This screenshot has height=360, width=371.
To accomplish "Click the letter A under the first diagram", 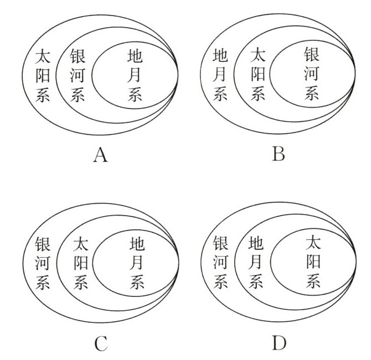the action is point(100,155).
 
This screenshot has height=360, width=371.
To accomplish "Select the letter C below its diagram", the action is point(100,345).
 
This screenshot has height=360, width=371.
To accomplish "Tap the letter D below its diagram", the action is point(279,345).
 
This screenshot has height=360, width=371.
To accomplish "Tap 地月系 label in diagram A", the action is point(135,75).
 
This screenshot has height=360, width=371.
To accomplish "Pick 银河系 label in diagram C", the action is point(43,264).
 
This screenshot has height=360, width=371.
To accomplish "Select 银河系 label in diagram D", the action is point(220,263).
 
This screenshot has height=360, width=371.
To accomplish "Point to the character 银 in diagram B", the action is point(312,54).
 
